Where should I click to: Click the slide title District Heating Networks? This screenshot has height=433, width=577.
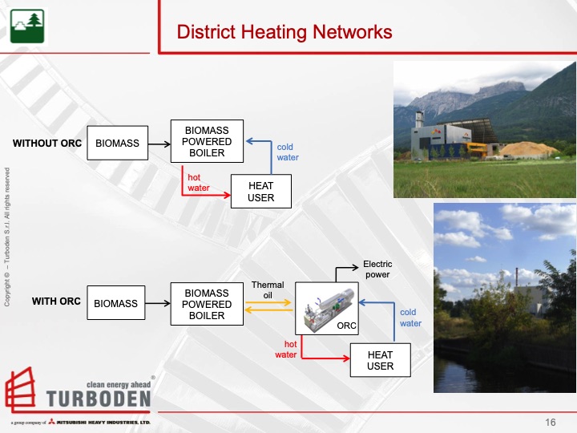coord(284,32)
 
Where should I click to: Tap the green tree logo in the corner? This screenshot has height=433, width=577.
coord(26,26)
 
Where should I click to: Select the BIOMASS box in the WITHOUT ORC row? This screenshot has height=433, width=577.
coord(117,144)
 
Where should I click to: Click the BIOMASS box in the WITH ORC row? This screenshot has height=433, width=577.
coord(116,304)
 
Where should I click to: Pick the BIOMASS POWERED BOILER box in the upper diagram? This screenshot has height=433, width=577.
coord(208,142)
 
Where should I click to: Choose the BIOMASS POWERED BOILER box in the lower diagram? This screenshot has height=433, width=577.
coord(208,304)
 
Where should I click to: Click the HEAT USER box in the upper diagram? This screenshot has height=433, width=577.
coord(261,192)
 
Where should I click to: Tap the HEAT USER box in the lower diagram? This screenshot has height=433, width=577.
coord(381,360)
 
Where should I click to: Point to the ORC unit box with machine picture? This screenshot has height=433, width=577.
coord(327,308)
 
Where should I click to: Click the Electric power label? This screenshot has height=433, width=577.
coord(377,268)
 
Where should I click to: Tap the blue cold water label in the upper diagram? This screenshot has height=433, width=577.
coord(288,152)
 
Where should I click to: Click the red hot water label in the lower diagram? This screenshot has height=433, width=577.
coord(286,349)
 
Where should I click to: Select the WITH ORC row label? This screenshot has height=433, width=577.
coord(56,302)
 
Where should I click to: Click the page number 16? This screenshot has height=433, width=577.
coord(551,423)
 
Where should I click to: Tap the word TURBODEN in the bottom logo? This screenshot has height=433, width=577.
coord(99,399)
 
